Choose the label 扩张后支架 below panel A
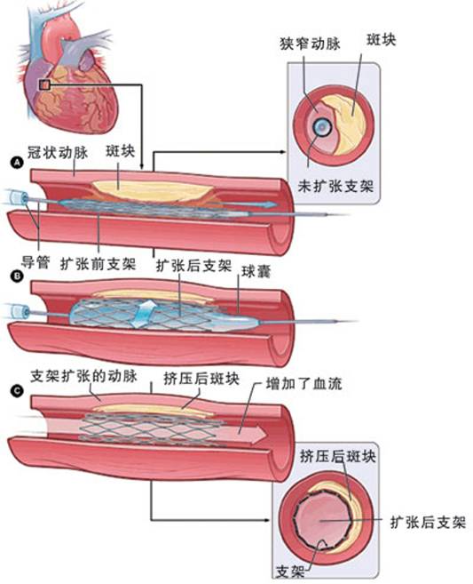click(193, 264)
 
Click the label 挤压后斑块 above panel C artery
click(201, 377)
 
